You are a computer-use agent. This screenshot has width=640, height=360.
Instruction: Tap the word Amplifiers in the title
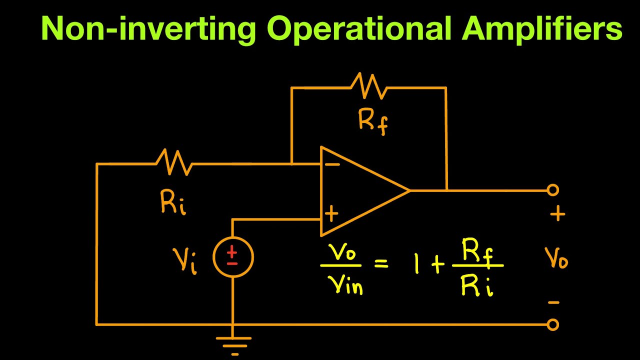point(542,29)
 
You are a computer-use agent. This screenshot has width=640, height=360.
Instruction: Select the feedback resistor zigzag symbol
point(369,86)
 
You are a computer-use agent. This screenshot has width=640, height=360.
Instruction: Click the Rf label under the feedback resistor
point(373,121)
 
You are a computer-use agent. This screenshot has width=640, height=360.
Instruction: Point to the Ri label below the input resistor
point(173,203)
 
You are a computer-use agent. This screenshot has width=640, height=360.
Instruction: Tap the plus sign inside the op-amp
point(331,214)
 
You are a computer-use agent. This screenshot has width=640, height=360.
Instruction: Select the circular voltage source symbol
point(233,257)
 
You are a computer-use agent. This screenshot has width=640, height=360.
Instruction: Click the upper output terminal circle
point(552,190)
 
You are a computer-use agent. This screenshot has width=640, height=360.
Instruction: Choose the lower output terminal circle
point(552,325)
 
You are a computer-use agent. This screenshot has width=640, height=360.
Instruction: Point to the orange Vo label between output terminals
point(556,259)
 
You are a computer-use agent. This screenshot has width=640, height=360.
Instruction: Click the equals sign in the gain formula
point(381,263)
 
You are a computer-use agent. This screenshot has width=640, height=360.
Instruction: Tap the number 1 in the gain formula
point(416,263)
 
